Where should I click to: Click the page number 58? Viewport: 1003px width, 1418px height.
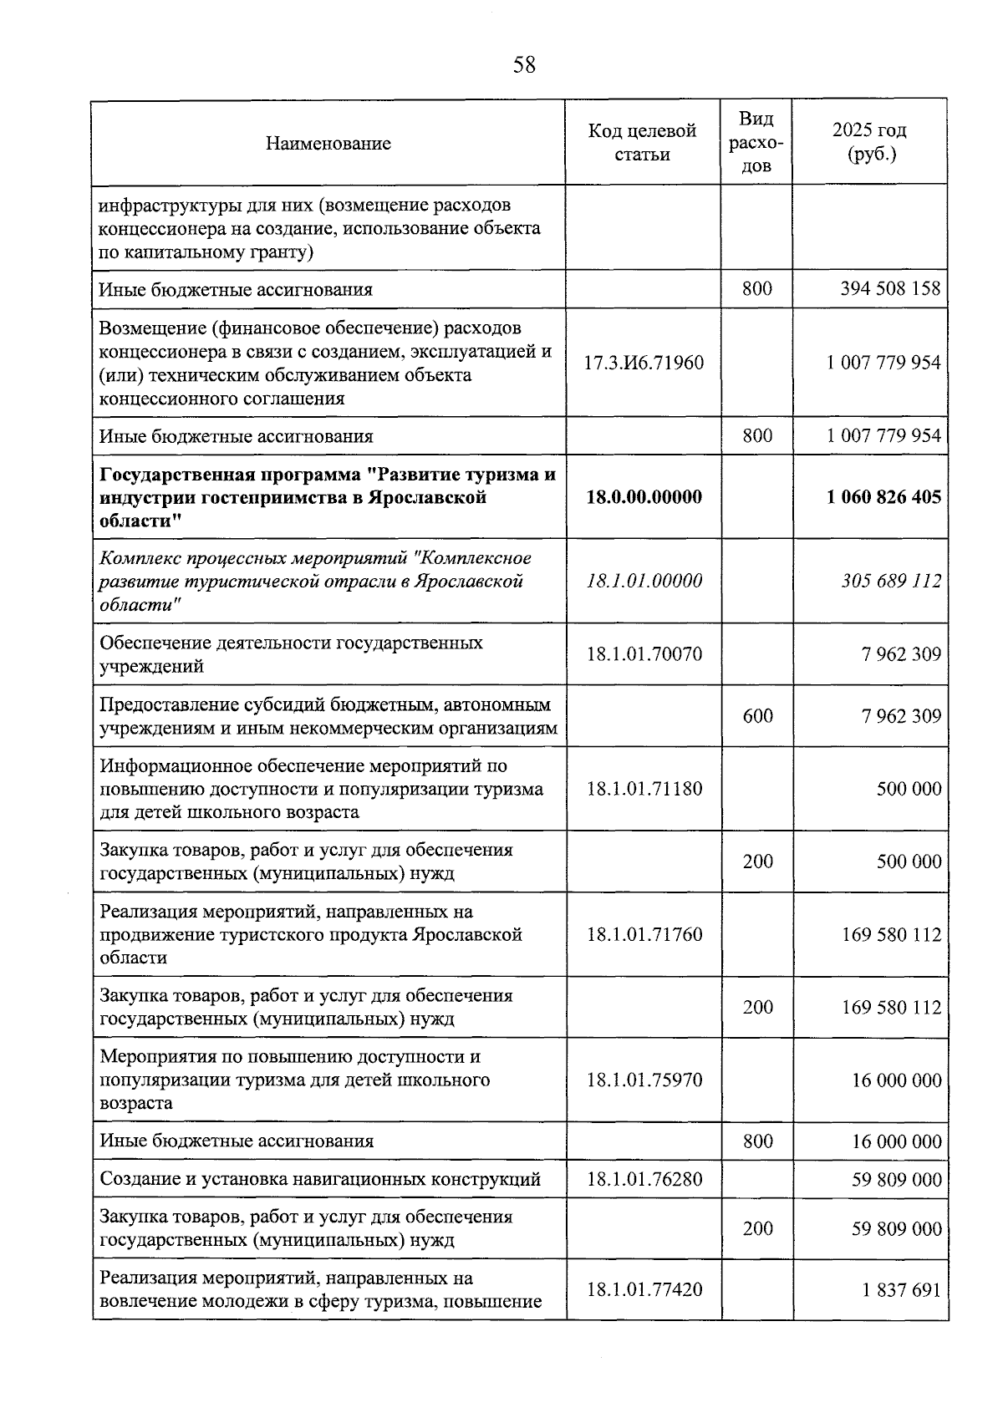524,64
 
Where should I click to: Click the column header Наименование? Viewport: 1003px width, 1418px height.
328,144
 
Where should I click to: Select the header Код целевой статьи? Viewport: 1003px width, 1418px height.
642,143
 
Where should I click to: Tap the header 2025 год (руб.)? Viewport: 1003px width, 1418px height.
869,143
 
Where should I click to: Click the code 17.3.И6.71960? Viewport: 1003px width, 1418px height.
644,363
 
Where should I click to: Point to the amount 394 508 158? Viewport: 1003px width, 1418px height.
890,290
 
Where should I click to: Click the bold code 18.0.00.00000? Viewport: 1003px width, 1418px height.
644,497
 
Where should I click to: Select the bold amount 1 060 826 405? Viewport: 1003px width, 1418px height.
883,497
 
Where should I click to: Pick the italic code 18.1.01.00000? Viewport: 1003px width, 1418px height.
644,581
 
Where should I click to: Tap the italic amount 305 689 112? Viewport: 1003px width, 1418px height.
891,581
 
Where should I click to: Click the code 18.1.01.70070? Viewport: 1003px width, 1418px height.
644,654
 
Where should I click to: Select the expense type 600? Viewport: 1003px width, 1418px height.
757,716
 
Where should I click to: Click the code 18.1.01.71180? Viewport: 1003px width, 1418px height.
644,789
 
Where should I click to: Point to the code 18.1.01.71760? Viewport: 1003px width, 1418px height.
644,934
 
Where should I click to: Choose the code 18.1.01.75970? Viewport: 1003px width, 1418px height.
644,1080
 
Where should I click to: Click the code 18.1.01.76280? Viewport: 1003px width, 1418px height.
644,1180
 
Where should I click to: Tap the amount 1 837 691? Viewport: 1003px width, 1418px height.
901,1290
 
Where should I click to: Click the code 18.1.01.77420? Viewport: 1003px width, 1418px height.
644,1290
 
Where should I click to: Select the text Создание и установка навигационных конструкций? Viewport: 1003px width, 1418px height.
320,1180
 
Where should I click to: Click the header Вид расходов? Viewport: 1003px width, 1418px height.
756,143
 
